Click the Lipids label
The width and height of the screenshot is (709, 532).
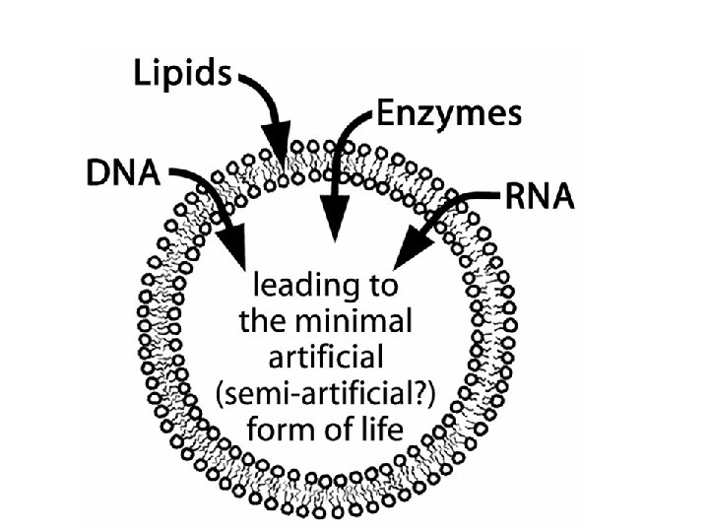click(x=183, y=75)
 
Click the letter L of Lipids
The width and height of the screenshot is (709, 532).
click(x=141, y=75)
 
